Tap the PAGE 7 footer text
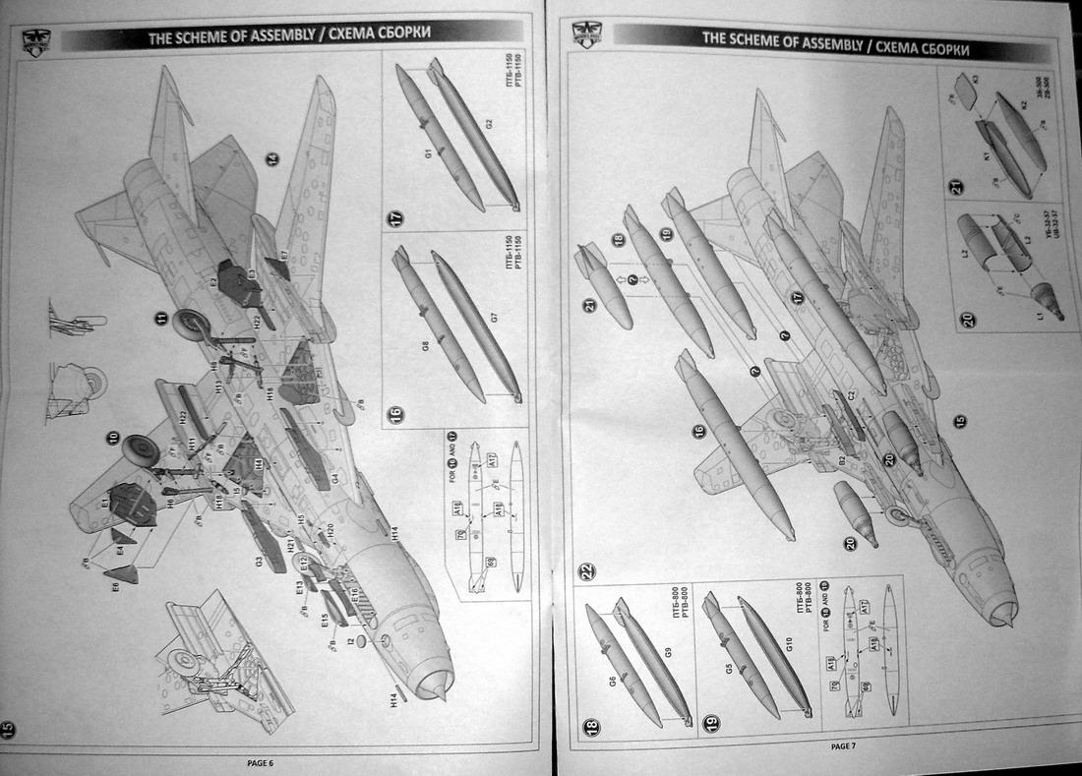842,746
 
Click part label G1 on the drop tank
429,154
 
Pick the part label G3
258,562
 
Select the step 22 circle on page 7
587,571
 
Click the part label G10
789,646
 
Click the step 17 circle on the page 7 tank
797,297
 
